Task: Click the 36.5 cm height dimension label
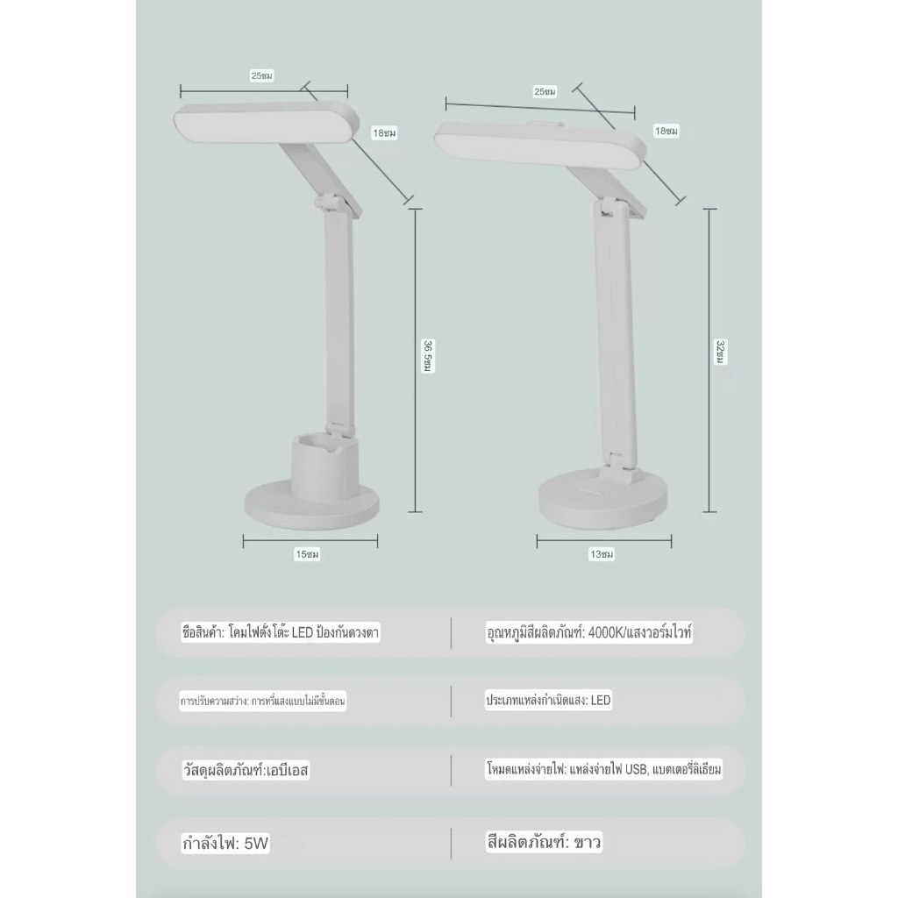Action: pyautogui.click(x=428, y=356)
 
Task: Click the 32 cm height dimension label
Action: pyautogui.click(x=721, y=352)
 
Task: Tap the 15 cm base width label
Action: pyautogui.click(x=307, y=554)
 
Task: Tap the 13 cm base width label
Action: pyautogui.click(x=602, y=554)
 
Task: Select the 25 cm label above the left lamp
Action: pyautogui.click(x=261, y=75)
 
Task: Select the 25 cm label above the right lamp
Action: pyautogui.click(x=545, y=91)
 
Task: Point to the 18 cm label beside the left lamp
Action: pyautogui.click(x=384, y=133)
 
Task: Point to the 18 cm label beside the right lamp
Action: pyautogui.click(x=666, y=132)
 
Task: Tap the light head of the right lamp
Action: pyautogui.click(x=540, y=145)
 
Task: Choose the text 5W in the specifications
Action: pyautogui.click(x=256, y=844)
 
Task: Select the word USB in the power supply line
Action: pyautogui.click(x=636, y=769)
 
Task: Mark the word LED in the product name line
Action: pyautogui.click(x=303, y=633)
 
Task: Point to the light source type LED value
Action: pyautogui.click(x=601, y=701)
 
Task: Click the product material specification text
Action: pyautogui.click(x=246, y=770)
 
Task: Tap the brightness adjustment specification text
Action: pyautogui.click(x=263, y=702)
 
